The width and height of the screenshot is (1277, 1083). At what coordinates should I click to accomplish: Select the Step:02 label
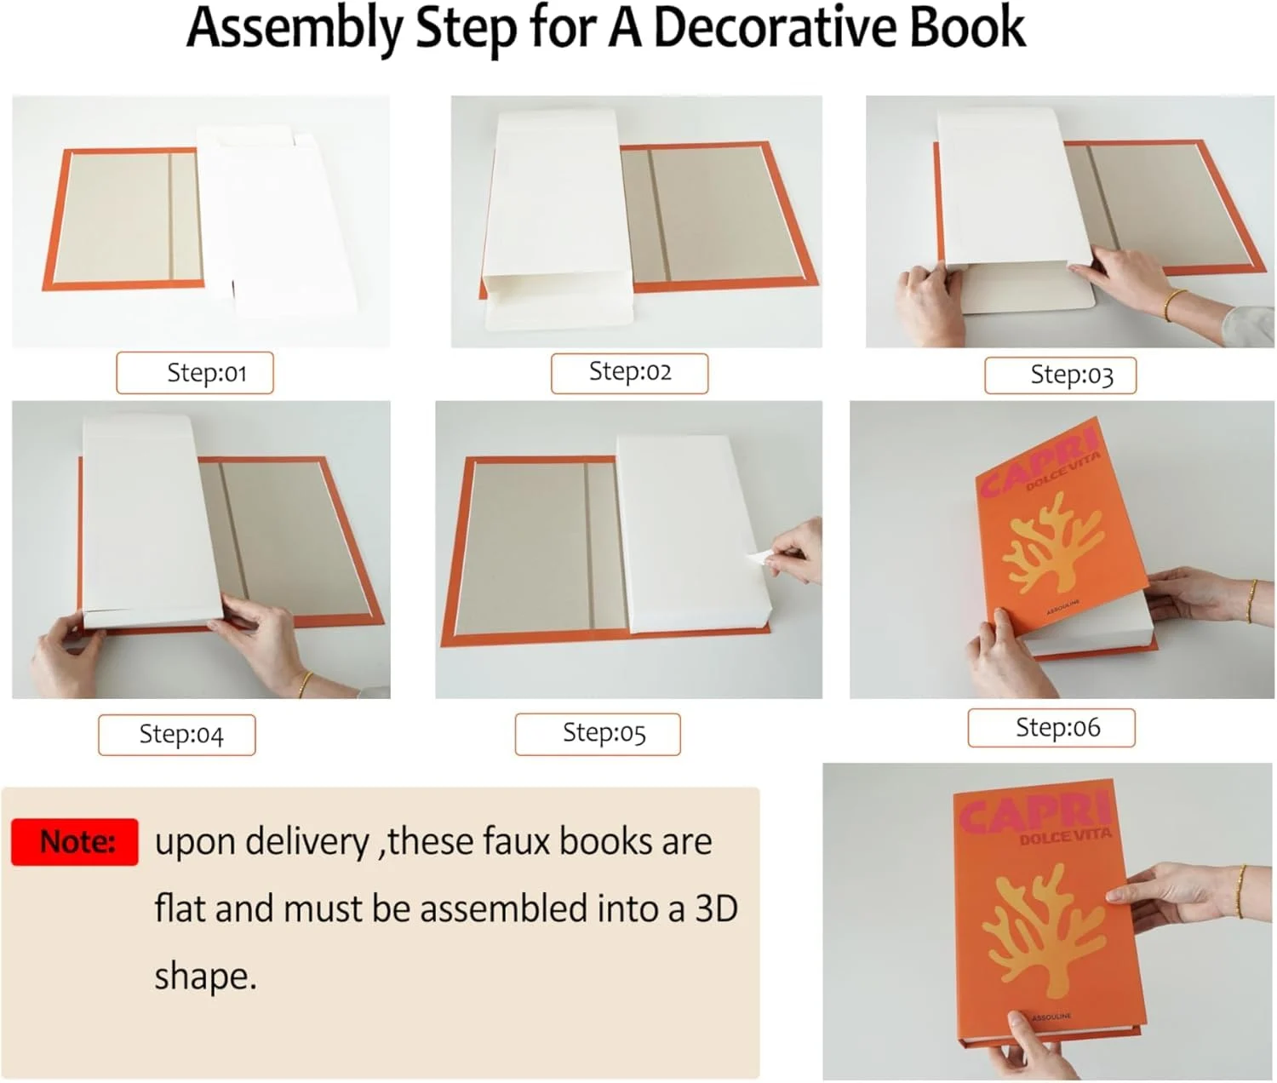629,373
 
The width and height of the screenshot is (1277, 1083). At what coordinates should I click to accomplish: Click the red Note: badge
75,842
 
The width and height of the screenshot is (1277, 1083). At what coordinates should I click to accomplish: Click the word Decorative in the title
775,28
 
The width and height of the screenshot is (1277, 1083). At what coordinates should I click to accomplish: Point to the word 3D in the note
716,908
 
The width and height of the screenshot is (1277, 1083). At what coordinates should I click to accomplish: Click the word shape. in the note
205,976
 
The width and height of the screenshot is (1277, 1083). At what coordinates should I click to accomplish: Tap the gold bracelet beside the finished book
1240,891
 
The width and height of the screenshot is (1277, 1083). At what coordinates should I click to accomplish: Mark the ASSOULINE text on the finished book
1051,1017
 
